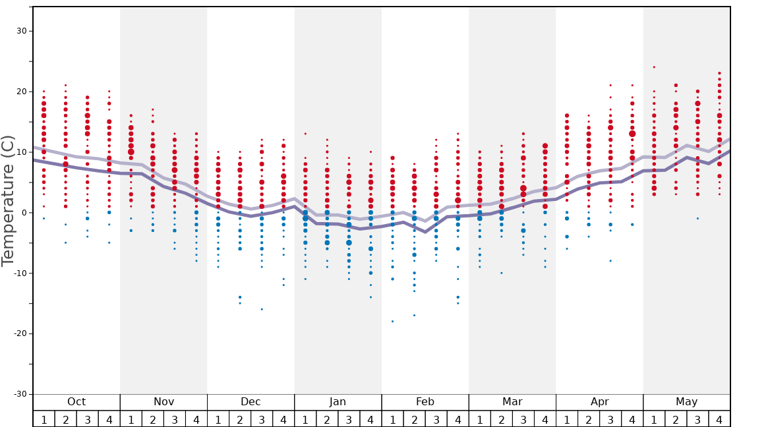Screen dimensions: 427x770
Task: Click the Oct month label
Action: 76,402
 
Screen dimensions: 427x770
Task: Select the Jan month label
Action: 338,402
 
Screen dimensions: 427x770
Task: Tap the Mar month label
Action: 512,402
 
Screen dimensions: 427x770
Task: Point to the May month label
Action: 686,402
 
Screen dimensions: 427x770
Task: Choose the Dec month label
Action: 251,402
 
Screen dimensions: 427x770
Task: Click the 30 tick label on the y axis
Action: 21,31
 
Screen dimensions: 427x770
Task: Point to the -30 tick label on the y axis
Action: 19,394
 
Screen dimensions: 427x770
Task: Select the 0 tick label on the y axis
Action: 24,212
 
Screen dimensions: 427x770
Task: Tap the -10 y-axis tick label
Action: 19,273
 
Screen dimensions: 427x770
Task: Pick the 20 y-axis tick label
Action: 21,92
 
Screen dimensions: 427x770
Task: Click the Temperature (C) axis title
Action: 8,201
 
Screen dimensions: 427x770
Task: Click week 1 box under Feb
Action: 392,419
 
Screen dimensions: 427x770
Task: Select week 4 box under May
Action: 719,419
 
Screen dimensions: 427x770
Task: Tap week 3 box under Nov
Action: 175,419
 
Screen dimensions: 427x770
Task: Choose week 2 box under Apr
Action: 589,419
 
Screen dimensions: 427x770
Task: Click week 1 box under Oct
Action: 44,419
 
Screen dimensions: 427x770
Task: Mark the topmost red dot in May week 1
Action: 654,67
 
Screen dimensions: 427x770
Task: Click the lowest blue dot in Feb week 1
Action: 392,322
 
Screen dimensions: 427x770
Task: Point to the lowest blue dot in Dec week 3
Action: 262,309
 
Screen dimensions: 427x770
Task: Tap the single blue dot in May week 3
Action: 697,218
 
